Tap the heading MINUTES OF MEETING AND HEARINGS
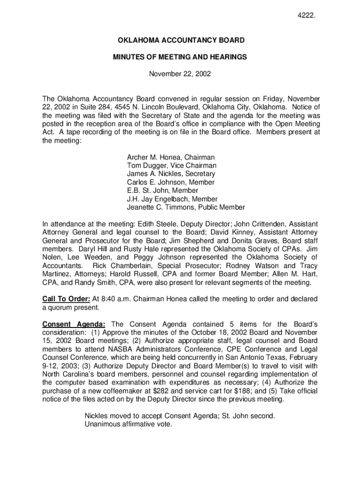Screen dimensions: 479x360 180,57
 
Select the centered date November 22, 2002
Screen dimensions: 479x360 180,74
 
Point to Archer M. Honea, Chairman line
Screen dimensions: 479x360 171,158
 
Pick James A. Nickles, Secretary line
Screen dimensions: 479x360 171,174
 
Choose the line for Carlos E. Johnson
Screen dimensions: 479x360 171,182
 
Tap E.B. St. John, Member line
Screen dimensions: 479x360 163,190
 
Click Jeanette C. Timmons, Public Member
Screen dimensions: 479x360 186,207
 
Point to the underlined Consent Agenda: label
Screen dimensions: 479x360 74,324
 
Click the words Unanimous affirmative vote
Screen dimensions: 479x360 129,424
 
